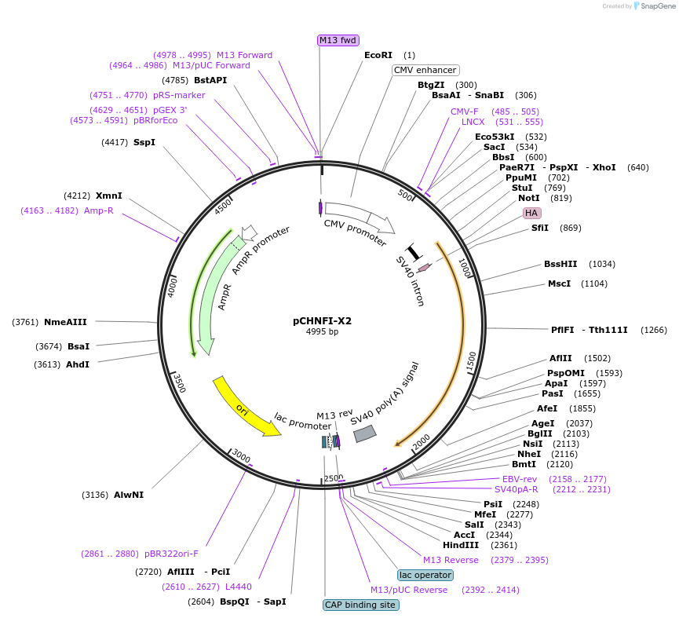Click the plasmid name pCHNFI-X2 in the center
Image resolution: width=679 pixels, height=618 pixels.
(x=322, y=320)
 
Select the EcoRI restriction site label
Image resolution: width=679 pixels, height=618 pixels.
(x=378, y=55)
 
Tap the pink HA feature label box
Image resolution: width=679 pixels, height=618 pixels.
(x=531, y=213)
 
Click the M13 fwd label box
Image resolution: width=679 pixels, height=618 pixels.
(x=338, y=40)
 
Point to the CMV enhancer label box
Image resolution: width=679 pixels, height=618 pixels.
(x=425, y=70)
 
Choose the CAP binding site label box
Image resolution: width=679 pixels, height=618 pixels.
(x=360, y=605)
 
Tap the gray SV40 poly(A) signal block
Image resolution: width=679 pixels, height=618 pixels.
(x=365, y=433)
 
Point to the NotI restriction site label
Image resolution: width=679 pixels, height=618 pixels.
(x=528, y=198)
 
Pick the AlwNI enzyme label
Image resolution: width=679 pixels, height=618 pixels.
(x=129, y=495)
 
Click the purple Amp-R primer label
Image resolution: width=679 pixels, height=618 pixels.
(x=99, y=210)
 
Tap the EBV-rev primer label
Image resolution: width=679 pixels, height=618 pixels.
(x=519, y=479)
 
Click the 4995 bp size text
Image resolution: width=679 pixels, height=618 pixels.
(x=322, y=332)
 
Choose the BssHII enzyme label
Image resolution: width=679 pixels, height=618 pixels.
(x=560, y=264)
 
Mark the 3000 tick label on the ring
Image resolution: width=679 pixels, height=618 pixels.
(x=241, y=458)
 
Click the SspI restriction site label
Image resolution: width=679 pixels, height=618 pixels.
(x=144, y=142)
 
